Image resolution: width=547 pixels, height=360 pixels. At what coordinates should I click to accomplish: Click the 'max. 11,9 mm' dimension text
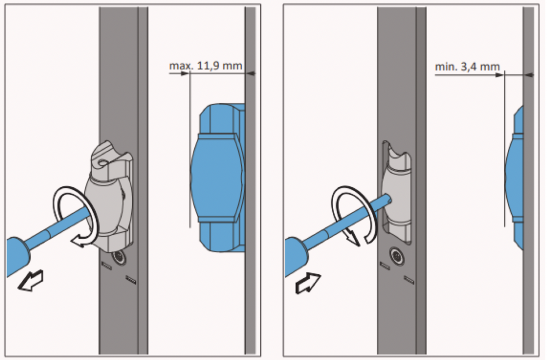[x=205, y=66]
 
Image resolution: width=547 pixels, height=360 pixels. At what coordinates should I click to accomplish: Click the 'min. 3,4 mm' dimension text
[x=467, y=66]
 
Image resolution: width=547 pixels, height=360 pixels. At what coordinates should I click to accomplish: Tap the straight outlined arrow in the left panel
[x=31, y=281]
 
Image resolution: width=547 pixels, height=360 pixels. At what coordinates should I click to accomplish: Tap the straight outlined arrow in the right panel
[x=308, y=282]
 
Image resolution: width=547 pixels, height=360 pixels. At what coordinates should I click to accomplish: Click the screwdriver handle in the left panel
[x=18, y=257]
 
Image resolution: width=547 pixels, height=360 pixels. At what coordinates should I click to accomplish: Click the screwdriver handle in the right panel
[x=296, y=257]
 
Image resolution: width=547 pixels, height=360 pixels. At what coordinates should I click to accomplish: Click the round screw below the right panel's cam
[x=397, y=257]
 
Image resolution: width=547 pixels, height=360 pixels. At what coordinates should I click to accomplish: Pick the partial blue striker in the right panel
[x=515, y=177]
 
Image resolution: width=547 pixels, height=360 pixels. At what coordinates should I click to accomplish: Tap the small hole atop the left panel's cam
[x=102, y=162]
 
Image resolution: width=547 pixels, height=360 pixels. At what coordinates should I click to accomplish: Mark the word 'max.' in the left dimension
[x=180, y=66]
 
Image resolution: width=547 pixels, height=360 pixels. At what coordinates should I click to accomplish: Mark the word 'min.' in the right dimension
[x=446, y=67]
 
